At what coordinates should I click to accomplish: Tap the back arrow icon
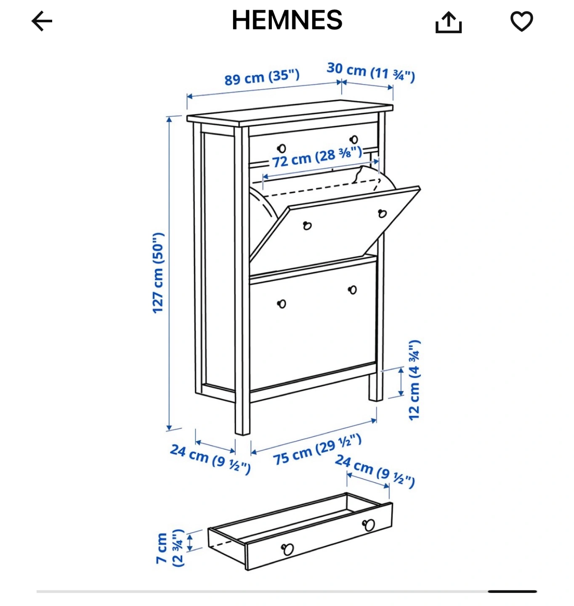point(42,21)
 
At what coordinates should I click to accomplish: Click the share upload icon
point(448,22)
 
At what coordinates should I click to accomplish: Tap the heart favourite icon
point(521,21)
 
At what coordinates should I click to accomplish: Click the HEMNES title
point(287,20)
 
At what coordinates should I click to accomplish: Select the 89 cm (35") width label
point(262,77)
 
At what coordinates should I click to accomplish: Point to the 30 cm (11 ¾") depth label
point(371,72)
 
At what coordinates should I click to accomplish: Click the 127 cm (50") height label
point(159,273)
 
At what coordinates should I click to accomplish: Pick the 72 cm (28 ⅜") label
point(317,157)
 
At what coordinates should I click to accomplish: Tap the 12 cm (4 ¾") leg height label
point(415,380)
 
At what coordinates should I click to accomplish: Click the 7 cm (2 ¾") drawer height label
point(170,548)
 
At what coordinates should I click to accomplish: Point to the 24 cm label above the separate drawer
point(375,471)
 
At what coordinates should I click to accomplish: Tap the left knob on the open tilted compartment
point(307,226)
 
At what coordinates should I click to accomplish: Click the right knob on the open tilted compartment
point(382,213)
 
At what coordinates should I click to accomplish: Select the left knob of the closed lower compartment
point(282,304)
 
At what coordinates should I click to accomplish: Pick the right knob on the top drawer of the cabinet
point(354,140)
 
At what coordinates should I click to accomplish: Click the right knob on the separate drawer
point(369,525)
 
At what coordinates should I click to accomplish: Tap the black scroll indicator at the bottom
point(512,591)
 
